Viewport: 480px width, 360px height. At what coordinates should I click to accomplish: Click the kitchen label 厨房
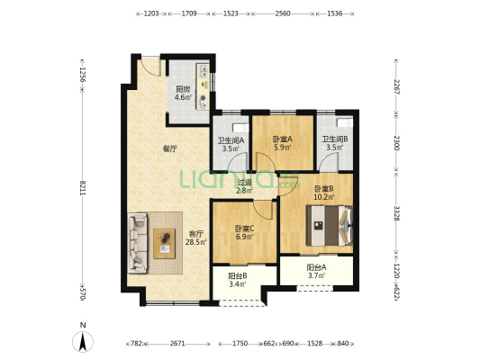[183, 90]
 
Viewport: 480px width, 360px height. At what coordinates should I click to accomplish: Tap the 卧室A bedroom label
[283, 139]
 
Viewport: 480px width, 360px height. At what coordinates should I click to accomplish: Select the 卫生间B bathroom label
[335, 139]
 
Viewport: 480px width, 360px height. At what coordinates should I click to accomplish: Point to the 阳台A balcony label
[316, 267]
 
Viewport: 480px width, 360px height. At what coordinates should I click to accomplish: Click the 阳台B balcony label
[238, 276]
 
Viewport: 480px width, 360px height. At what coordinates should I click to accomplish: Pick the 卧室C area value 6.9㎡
[244, 237]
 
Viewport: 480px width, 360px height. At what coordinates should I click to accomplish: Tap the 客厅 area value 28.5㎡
[196, 242]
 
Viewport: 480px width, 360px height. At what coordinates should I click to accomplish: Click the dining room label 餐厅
[170, 149]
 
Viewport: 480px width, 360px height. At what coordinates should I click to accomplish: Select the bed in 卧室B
[330, 226]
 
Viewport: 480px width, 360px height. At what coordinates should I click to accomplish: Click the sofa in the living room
[138, 242]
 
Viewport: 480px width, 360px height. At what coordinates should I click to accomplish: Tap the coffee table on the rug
[165, 244]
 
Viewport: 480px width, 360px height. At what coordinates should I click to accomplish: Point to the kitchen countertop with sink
[203, 86]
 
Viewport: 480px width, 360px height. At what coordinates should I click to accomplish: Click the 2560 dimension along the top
[283, 13]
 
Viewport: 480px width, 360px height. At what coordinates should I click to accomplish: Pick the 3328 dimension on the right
[396, 213]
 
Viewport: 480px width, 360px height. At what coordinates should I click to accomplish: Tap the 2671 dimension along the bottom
[177, 344]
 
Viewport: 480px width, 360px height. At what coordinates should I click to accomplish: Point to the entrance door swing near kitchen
[152, 67]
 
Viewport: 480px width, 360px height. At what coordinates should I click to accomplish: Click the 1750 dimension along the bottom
[240, 344]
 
